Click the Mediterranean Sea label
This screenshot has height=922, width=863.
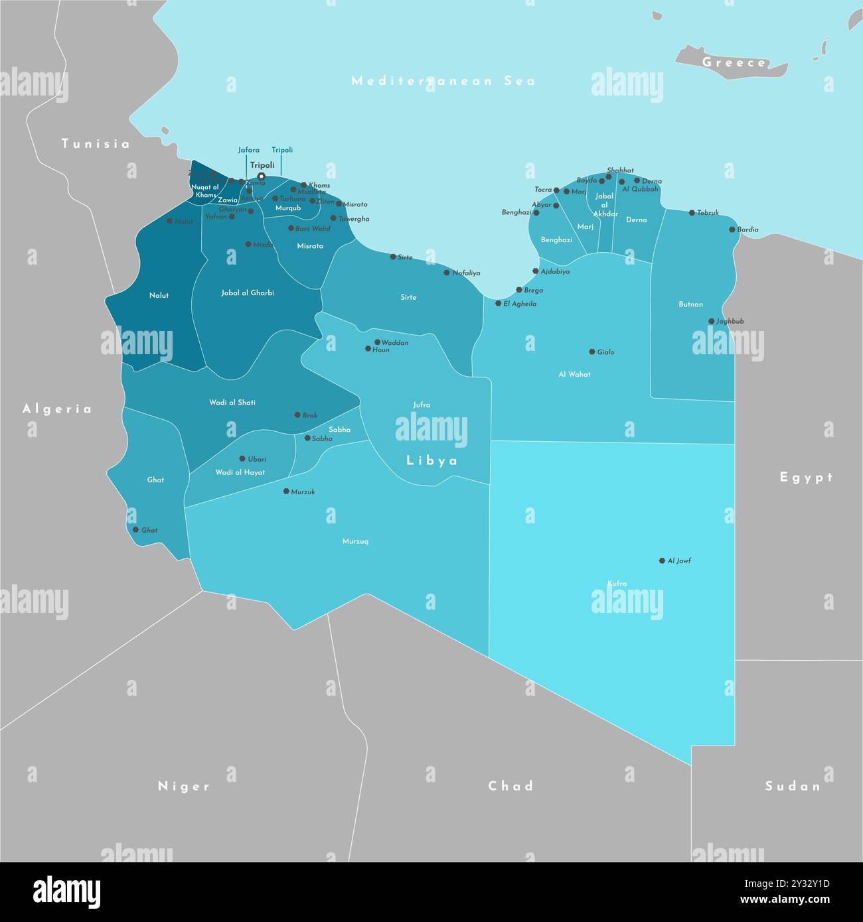pyautogui.click(x=443, y=81)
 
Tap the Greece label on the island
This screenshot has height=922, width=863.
pyautogui.click(x=734, y=63)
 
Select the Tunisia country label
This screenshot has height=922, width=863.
pyautogui.click(x=96, y=144)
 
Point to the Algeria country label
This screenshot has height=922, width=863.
pyautogui.click(x=57, y=409)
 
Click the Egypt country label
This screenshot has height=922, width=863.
pyautogui.click(x=806, y=477)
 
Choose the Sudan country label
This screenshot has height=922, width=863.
pyautogui.click(x=793, y=786)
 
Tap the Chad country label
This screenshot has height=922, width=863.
pyautogui.click(x=510, y=786)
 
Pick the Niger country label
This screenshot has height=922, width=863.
pyautogui.click(x=184, y=786)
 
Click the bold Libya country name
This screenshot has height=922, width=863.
pyautogui.click(x=432, y=460)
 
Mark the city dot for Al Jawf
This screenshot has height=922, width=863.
pyautogui.click(x=662, y=560)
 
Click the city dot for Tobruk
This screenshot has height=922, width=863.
pyautogui.click(x=692, y=213)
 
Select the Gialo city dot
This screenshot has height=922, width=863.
pyautogui.click(x=592, y=352)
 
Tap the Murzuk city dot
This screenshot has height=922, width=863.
pyautogui.click(x=286, y=492)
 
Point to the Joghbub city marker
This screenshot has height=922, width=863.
pyautogui.click(x=711, y=321)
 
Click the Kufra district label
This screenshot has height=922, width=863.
pyautogui.click(x=617, y=584)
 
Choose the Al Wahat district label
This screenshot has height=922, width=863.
pyautogui.click(x=574, y=374)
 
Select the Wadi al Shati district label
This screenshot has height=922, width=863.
pyautogui.click(x=232, y=403)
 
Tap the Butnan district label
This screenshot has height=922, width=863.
pyautogui.click(x=690, y=304)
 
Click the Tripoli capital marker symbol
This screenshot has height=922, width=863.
pyautogui.click(x=262, y=176)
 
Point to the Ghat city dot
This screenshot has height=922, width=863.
pyautogui.click(x=135, y=530)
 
